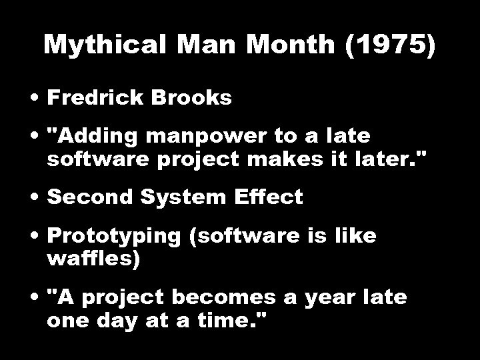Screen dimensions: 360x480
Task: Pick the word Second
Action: pyautogui.click(x=87, y=198)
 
